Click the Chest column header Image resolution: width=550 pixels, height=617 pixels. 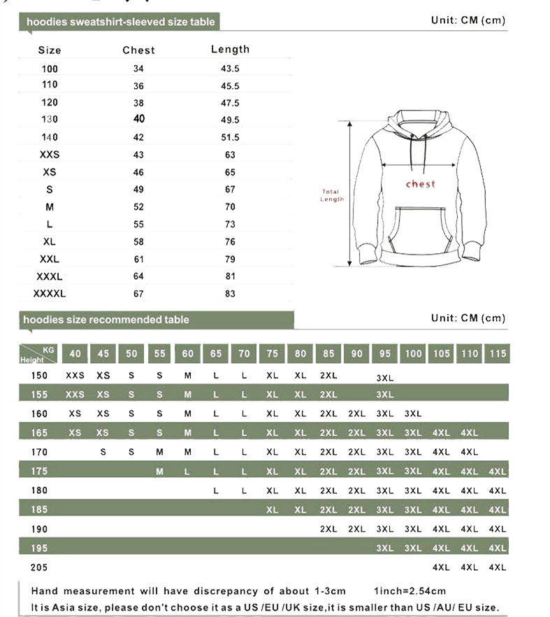138,50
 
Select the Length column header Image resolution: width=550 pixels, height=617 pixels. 230,49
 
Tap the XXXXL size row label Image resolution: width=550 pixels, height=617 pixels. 49,294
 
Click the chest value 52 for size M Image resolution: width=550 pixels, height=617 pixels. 138,207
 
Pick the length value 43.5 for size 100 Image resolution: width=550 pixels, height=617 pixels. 230,69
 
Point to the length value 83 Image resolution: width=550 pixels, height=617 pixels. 230,294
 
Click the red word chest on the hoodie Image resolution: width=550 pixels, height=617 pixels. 420,184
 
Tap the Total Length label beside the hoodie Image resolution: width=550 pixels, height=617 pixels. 332,195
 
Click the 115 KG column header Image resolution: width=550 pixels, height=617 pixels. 498,353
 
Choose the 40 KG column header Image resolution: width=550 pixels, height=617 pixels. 75,353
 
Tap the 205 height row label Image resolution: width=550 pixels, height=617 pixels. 40,567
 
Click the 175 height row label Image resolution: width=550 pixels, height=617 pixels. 40,471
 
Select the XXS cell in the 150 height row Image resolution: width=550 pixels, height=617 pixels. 75,376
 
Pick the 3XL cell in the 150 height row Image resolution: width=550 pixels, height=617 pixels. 385,378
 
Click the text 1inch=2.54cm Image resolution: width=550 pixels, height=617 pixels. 410,591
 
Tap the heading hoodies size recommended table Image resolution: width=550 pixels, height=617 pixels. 106,320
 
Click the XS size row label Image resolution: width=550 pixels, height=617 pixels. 49,172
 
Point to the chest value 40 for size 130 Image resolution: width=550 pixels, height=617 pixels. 138,119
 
